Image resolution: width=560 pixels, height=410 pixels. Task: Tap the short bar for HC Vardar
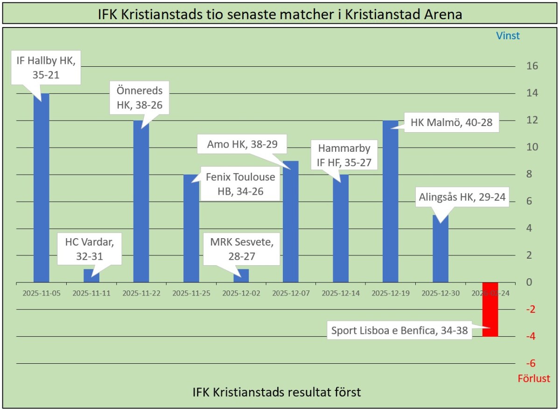coord(91,276)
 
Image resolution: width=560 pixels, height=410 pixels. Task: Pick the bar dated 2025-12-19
coord(391,201)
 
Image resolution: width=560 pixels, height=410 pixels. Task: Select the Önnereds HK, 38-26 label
coord(140,98)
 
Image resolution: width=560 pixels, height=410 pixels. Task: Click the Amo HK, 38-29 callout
coord(242,144)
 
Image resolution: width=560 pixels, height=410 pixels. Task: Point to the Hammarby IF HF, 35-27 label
coord(344,155)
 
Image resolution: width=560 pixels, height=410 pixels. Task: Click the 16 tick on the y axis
coord(532,66)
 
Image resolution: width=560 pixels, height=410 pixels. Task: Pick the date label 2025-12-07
coord(291,294)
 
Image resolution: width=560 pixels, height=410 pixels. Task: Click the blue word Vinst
coord(508,35)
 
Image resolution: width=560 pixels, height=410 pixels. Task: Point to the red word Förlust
coord(534,378)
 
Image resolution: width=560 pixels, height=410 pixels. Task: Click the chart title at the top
coord(280,14)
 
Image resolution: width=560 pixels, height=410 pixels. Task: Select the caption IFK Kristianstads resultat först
coord(277,392)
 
